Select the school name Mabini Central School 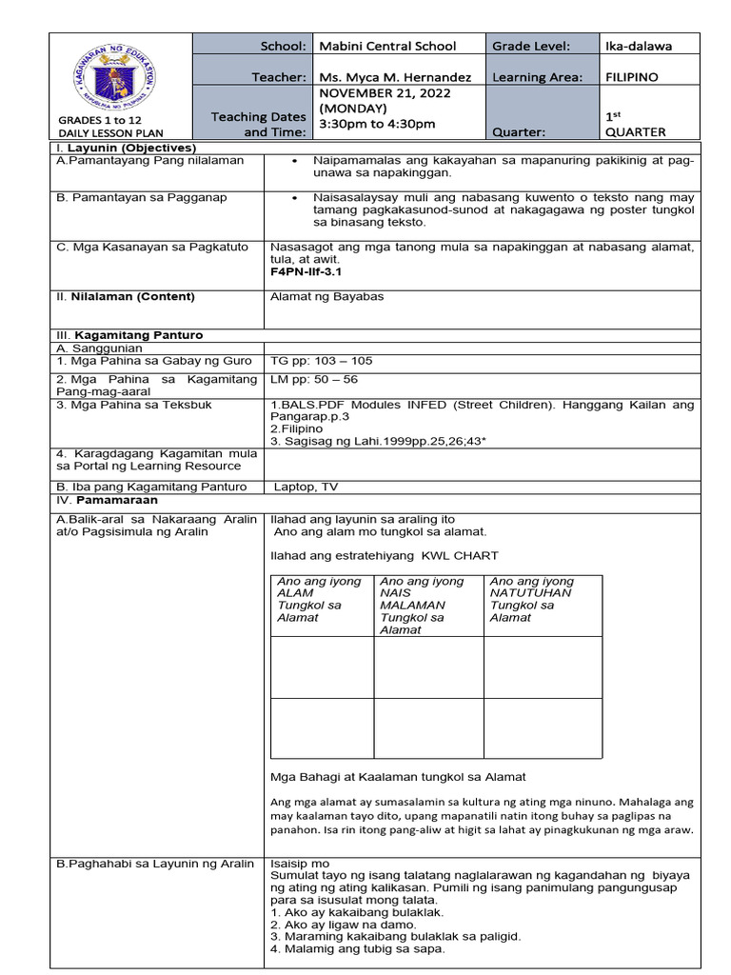tap(386, 46)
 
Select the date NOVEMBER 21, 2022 tap(385, 93)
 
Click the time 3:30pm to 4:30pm tap(377, 124)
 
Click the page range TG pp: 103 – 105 tap(322, 361)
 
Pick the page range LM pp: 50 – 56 tap(314, 379)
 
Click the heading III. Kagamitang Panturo tap(129, 335)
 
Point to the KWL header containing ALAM tap(320, 599)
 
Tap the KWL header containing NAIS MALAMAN tap(425, 605)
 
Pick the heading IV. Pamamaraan tap(107, 500)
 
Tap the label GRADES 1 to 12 tap(100, 119)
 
